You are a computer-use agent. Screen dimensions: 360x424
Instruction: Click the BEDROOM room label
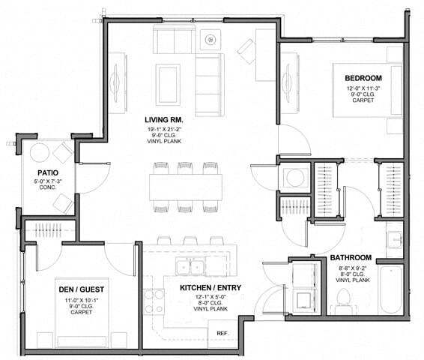coord(363,78)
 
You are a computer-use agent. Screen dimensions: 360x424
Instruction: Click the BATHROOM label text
coord(351,257)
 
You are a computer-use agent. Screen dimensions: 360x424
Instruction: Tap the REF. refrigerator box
coord(222,332)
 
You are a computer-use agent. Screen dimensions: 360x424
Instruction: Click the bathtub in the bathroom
coord(390,290)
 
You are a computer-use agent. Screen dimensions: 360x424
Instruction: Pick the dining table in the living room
coord(185,186)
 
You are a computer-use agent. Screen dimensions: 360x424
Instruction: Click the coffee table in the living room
coord(168,78)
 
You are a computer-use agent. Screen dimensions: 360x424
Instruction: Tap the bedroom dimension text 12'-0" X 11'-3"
coord(363,88)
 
